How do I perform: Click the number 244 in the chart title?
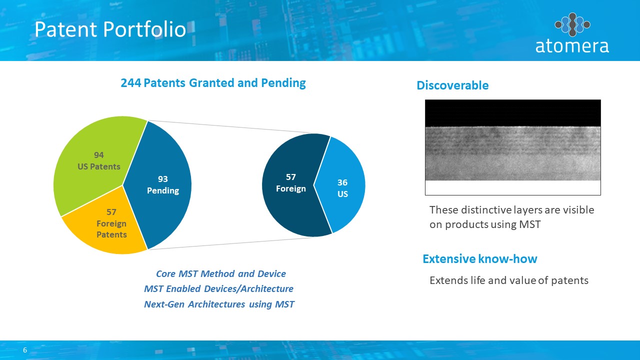tap(131, 83)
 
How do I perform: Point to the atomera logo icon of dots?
tap(572, 24)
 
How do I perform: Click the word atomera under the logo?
tap(572, 46)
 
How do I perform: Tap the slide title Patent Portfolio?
tap(110, 29)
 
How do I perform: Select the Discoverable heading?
tap(452, 85)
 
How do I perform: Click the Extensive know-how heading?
tap(480, 259)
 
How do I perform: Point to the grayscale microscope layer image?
tap(513, 147)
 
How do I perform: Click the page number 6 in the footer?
tap(25, 350)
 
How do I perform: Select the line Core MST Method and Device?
tap(221, 273)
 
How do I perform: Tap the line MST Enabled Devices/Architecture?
tap(218, 289)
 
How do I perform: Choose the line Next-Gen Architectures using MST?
tap(219, 304)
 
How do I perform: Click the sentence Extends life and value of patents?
tap(509, 280)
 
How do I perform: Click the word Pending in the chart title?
tap(283, 83)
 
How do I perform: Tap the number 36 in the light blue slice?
tap(342, 182)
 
